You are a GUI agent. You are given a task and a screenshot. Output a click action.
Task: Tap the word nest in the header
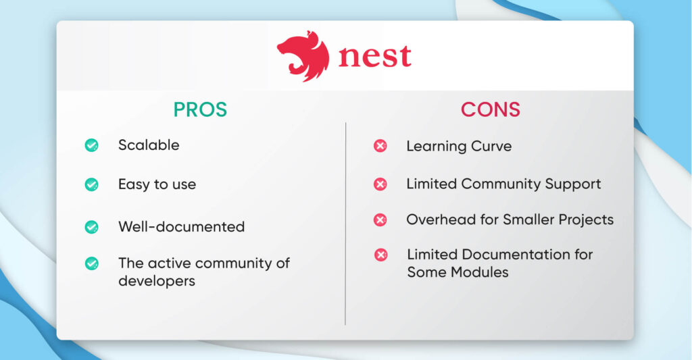[374, 56]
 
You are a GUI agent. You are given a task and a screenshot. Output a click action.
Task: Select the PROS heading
[200, 109]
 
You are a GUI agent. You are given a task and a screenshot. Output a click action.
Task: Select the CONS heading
[491, 109]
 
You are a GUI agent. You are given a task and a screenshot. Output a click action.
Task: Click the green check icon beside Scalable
[91, 145]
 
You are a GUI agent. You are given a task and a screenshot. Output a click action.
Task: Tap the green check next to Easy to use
[91, 184]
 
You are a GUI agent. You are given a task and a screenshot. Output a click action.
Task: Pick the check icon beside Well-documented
[91, 227]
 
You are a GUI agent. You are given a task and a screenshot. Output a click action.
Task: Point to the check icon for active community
[91, 263]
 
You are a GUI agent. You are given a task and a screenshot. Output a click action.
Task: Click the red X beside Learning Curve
[380, 146]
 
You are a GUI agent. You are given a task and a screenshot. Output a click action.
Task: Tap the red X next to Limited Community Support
[380, 184]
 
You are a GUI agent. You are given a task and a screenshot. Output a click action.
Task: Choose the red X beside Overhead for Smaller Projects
[380, 220]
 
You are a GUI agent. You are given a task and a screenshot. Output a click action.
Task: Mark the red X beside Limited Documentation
[380, 255]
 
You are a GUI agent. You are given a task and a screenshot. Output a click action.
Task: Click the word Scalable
[149, 145]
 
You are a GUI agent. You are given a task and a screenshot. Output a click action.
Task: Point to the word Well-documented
[181, 227]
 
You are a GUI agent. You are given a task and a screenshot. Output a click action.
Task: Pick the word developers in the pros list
[157, 281]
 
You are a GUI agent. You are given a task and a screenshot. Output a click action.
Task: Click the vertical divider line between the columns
[345, 223]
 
